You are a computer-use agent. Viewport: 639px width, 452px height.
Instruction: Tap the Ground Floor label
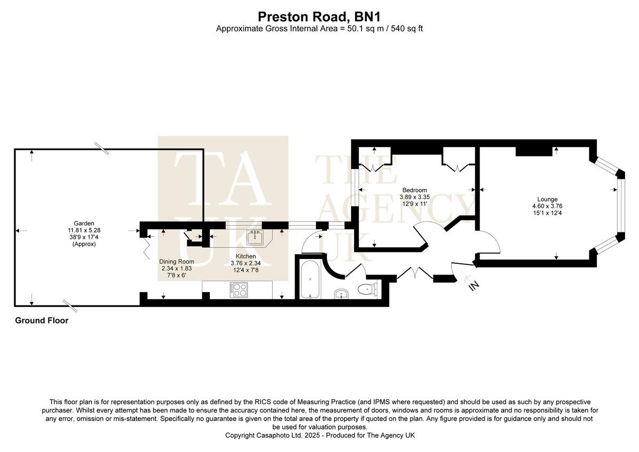click(x=42, y=320)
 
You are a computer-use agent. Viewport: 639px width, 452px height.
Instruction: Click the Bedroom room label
click(x=414, y=190)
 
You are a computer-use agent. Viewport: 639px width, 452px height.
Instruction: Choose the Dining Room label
click(x=176, y=262)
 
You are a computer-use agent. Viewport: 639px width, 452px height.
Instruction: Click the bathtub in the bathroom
click(x=309, y=279)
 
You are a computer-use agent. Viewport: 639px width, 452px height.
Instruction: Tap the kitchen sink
click(x=256, y=236)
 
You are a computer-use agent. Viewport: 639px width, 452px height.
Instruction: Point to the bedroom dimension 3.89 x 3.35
click(x=414, y=197)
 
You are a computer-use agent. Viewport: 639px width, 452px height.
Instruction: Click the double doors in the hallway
click(x=413, y=273)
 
